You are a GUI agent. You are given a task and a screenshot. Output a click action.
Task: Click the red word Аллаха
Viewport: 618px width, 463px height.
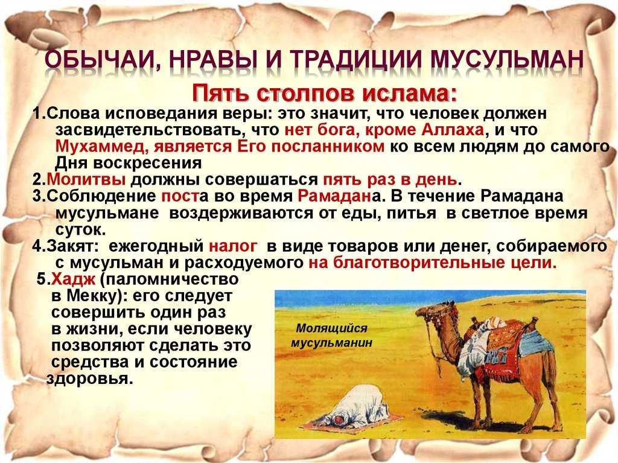[x=453, y=130]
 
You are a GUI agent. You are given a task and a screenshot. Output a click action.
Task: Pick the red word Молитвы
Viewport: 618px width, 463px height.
[x=86, y=179]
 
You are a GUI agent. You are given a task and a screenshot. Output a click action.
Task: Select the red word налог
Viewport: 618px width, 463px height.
[x=233, y=246]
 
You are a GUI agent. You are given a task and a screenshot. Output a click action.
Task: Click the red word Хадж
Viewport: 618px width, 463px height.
[x=74, y=279]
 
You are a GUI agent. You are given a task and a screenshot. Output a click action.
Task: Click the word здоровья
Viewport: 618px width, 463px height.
[x=89, y=378]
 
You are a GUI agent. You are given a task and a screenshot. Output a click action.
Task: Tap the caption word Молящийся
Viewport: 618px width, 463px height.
[x=326, y=328]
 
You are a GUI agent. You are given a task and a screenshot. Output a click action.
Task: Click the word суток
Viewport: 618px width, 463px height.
[x=80, y=229]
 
